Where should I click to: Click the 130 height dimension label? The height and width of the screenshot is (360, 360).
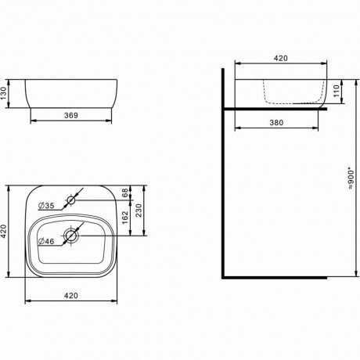[3, 93]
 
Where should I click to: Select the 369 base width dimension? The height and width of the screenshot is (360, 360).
[71, 115]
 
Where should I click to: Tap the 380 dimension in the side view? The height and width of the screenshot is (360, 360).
[276, 122]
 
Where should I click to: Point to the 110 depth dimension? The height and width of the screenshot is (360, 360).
[337, 91]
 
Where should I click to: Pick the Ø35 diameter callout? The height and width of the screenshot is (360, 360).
[46, 206]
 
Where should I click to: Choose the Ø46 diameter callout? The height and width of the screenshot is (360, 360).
[46, 241]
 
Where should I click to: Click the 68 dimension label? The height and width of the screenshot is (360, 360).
[125, 193]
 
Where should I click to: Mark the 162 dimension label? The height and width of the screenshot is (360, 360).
[125, 218]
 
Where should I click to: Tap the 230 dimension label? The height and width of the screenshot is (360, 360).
[139, 211]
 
